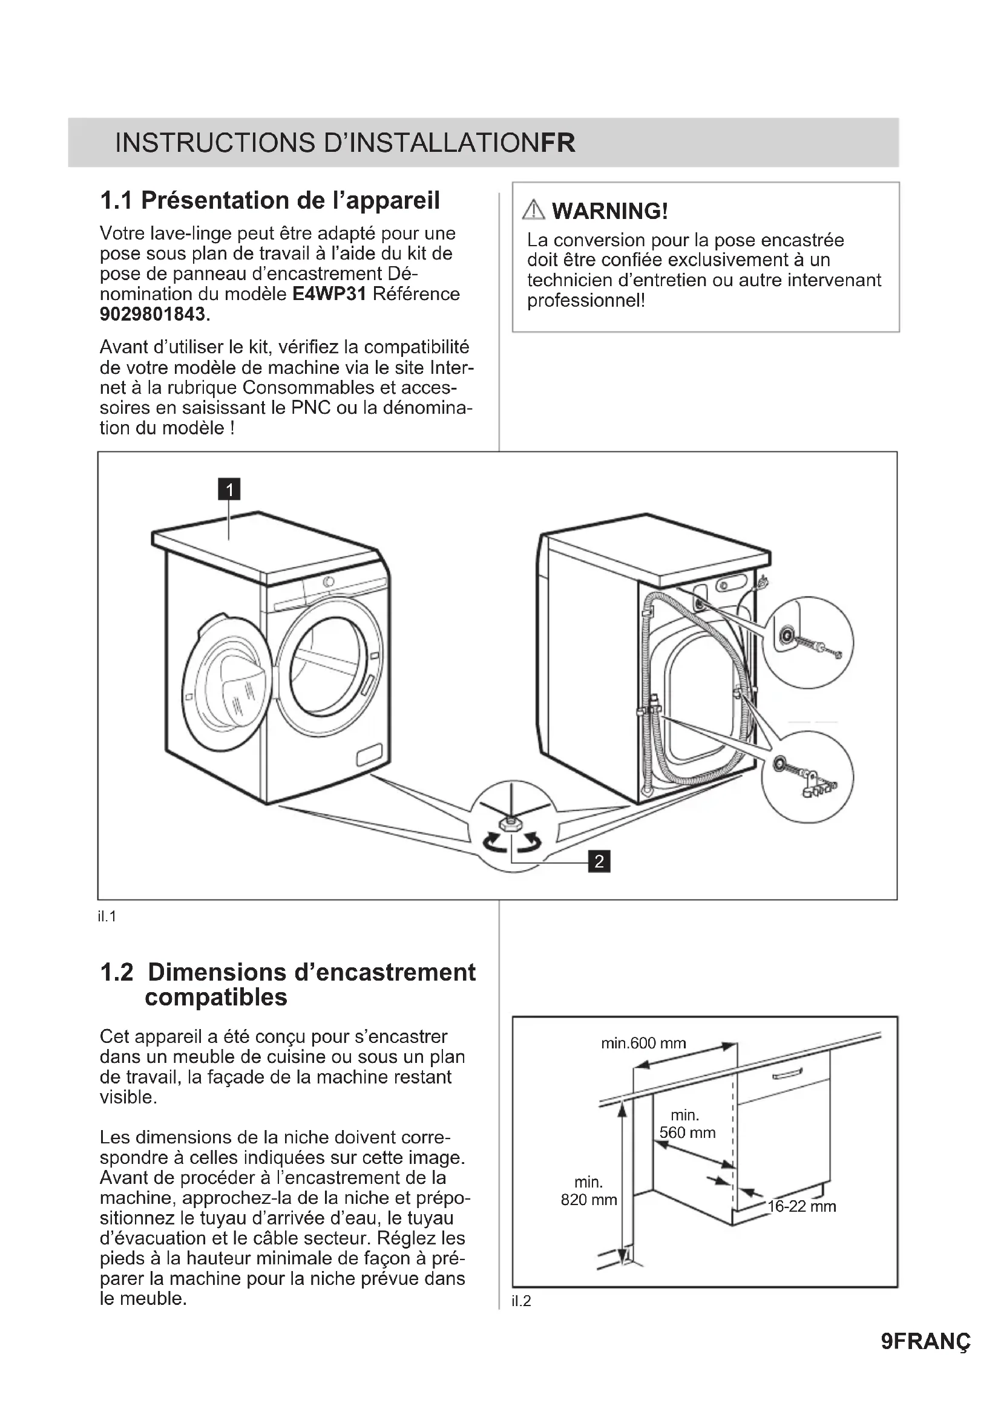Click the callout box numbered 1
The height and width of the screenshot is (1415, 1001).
[229, 490]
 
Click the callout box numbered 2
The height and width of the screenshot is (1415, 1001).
[599, 861]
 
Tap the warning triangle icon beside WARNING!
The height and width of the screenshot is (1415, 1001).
[533, 211]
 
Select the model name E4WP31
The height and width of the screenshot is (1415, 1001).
[329, 294]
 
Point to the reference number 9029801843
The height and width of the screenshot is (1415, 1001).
[153, 315]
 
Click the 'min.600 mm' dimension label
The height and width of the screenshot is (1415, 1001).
[643, 1044]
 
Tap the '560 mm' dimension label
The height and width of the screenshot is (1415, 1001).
[688, 1132]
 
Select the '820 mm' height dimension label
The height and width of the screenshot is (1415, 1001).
[589, 1200]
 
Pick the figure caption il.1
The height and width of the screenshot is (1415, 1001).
[107, 917]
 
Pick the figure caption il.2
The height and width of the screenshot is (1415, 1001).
[521, 1301]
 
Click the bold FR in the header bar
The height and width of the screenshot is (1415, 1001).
[558, 143]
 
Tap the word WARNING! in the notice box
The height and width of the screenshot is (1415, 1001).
[609, 211]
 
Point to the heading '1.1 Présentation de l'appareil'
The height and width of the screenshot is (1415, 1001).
[270, 200]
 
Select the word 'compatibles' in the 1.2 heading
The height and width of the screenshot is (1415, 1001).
[215, 998]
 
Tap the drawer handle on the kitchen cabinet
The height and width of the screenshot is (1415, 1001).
[787, 1074]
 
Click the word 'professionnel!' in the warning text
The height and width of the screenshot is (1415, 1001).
[586, 301]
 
